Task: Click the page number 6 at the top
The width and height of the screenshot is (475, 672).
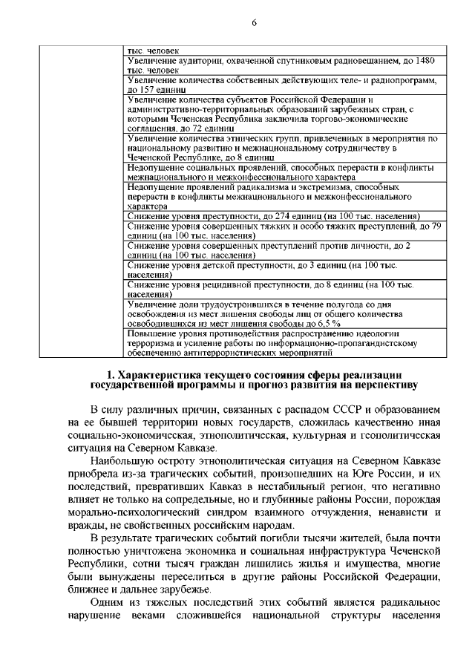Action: pyautogui.click(x=254, y=22)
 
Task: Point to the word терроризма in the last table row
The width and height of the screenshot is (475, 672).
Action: pyautogui.click(x=152, y=343)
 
